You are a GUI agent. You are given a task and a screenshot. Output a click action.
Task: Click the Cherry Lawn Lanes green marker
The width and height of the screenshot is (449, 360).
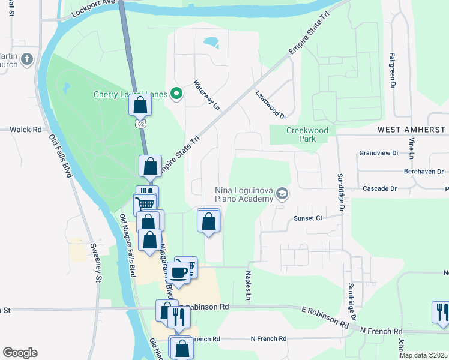176,94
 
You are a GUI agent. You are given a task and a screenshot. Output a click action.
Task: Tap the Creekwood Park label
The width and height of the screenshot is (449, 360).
301,134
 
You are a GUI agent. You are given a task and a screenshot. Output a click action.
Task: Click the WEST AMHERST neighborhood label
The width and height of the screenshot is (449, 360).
411,130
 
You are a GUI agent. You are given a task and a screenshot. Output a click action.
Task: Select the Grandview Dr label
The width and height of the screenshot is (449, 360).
379,153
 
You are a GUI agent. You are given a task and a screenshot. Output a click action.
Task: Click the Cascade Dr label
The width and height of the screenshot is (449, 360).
380,188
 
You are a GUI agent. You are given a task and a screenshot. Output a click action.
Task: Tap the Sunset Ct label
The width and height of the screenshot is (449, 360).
308,218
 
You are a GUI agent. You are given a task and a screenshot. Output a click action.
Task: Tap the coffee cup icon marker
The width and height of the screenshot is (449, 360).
178,273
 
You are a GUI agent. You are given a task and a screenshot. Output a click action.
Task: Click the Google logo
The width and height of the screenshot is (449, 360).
20,353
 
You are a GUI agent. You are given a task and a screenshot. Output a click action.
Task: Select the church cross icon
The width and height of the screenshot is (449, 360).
26,59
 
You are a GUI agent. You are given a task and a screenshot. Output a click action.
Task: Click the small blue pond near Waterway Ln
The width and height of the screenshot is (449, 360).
211,42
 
